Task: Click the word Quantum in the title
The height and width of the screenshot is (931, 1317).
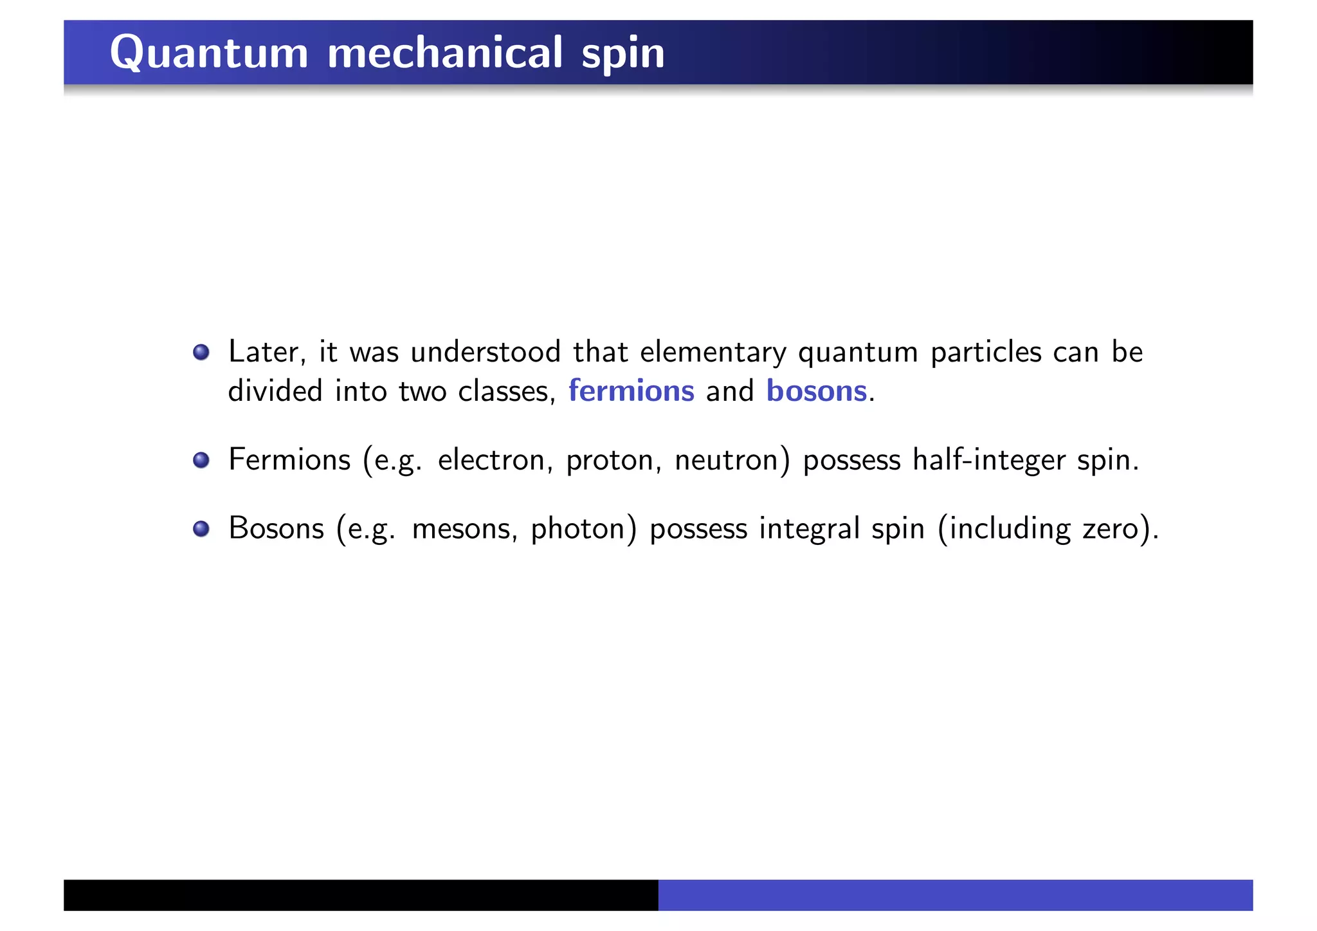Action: (209, 53)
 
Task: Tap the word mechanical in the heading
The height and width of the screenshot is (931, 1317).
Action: (445, 53)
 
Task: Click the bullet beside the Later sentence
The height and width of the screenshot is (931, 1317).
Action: (201, 352)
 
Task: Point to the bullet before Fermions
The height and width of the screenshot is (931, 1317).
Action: (201, 460)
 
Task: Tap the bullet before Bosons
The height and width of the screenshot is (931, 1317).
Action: (201, 529)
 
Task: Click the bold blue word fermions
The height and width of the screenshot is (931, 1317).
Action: (631, 391)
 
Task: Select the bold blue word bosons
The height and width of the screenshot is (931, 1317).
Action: (816, 391)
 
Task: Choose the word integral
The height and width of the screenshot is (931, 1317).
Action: (809, 529)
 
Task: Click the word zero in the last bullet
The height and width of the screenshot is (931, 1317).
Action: (1110, 529)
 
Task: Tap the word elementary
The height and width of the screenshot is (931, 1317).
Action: (713, 353)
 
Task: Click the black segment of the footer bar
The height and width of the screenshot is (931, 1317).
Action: (360, 895)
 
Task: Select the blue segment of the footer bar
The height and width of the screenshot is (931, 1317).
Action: (955, 895)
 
